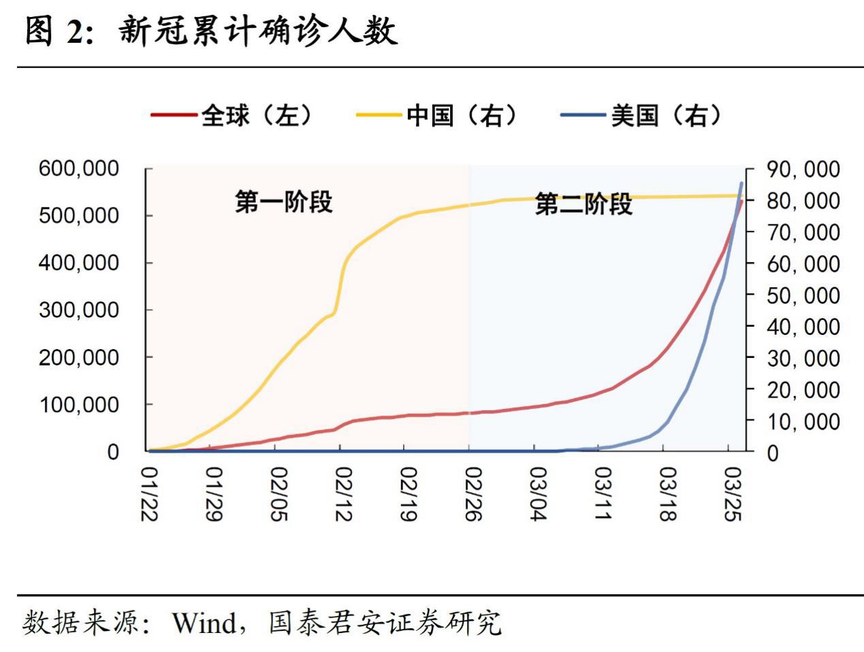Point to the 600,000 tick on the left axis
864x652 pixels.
click(78, 168)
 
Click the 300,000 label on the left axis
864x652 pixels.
click(78, 310)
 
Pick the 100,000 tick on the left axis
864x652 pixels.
click(78, 404)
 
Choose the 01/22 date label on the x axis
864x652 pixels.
click(149, 493)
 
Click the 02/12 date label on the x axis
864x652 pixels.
click(342, 493)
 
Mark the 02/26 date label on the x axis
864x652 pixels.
click(472, 493)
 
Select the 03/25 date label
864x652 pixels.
click(733, 493)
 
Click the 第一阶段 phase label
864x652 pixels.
click(283, 202)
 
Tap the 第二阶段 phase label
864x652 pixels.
click(583, 203)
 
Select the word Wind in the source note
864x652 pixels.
click(203, 622)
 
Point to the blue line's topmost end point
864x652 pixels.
click(741, 183)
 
